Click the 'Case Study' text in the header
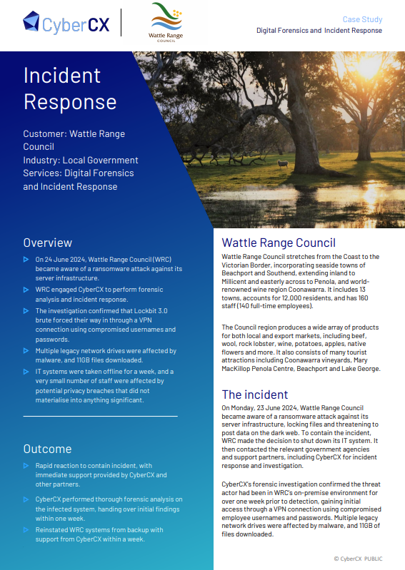coord(362,20)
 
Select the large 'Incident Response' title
coord(70,88)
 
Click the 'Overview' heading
coord(47,242)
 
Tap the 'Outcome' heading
coord(47,449)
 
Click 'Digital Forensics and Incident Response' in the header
coord(319,31)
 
